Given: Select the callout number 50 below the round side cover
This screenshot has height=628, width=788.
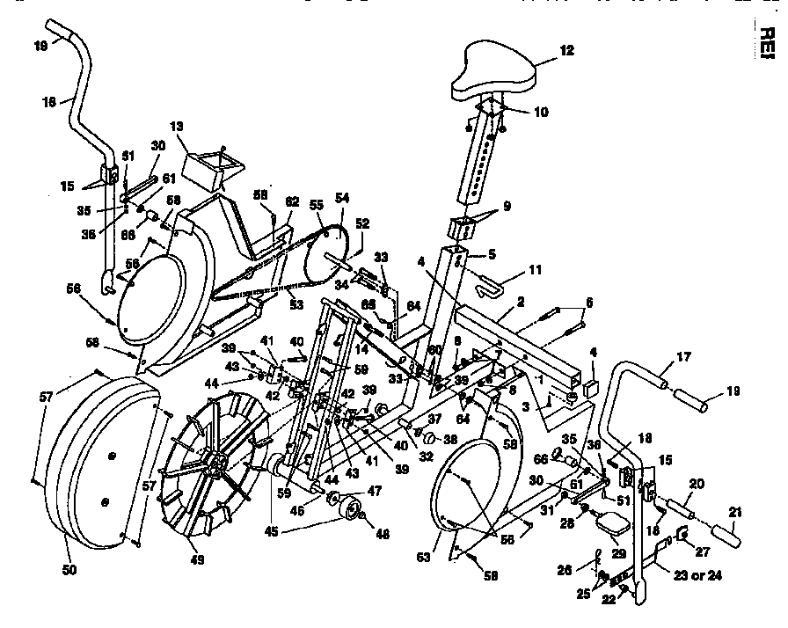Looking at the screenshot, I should point(69,570).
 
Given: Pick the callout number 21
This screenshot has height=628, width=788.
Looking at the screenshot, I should point(734,512).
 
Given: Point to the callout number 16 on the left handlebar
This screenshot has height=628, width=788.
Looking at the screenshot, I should point(47,101).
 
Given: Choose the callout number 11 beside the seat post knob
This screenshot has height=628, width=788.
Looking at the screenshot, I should point(536,270).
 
